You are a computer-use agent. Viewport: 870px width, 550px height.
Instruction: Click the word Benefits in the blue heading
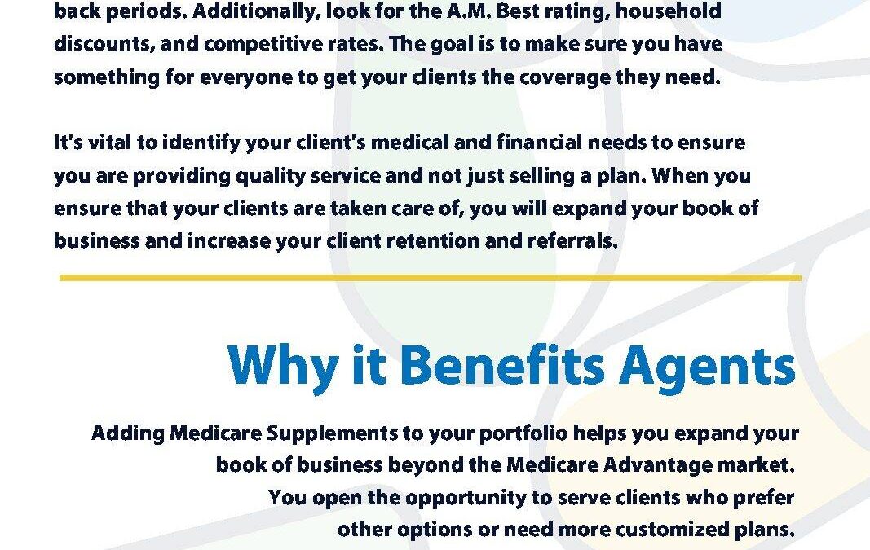tap(502, 366)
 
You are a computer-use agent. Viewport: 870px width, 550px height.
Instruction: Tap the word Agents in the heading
tap(708, 369)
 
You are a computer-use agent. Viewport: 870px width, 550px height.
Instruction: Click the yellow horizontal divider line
tap(430, 277)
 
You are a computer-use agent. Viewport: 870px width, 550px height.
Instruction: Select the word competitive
tap(263, 44)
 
